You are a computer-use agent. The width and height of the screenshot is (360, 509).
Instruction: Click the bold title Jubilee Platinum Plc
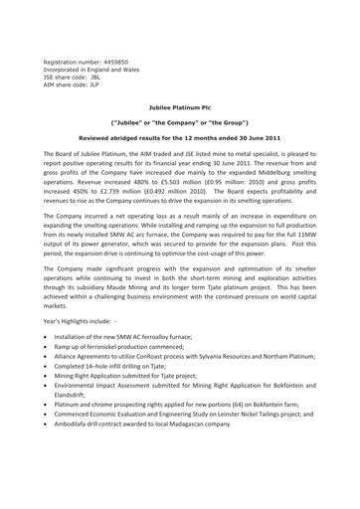click(x=179, y=115)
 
